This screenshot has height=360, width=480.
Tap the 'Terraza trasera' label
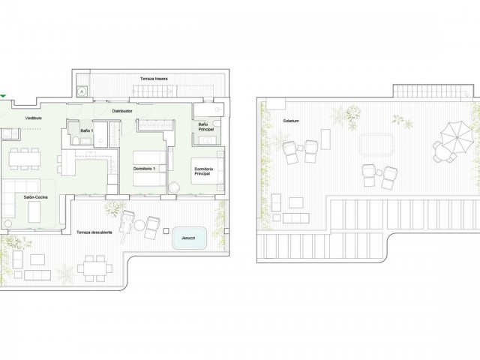(151, 78)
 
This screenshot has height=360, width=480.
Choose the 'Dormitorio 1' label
(143, 169)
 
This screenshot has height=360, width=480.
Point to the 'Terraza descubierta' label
(94, 232)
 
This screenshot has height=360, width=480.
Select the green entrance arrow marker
(3, 96)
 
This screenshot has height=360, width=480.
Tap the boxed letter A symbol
(82, 91)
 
